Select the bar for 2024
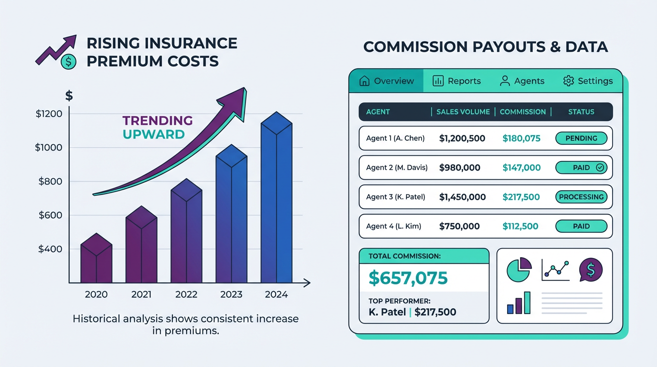coord(276,201)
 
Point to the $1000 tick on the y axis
coord(49,148)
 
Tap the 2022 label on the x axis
coord(186,294)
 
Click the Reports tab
coord(457,81)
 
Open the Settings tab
coord(588,81)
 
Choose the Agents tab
coord(522,81)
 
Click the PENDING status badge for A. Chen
coord(581,139)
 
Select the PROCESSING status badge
coord(581,197)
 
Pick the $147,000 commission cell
coord(521,168)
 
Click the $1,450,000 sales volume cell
coord(462,197)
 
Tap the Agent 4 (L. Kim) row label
coord(393,227)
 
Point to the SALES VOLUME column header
coord(463,112)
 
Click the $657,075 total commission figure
coord(408,278)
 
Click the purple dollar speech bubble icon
coord(591,270)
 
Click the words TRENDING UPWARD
coord(158,127)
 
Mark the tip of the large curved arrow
coord(244,88)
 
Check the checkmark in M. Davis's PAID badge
coord(600,168)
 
